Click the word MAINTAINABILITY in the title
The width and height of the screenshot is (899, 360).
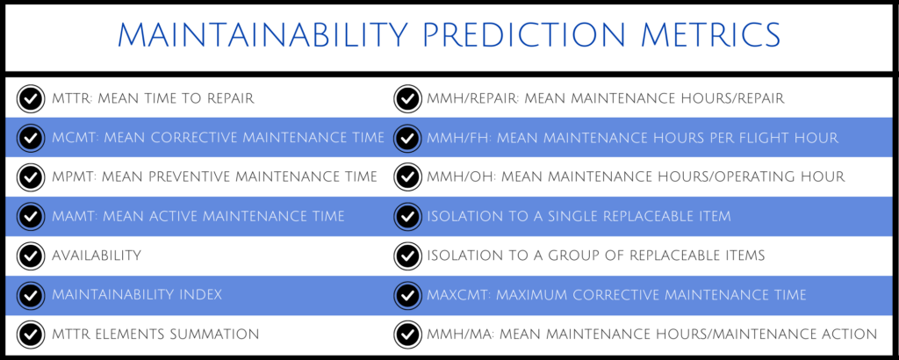click(263, 35)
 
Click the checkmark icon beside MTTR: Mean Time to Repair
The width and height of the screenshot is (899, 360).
click(32, 98)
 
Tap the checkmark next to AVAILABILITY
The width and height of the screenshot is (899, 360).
click(32, 256)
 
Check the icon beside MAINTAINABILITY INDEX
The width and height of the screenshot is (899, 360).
click(32, 295)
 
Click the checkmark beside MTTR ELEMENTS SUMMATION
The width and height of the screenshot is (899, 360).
click(32, 335)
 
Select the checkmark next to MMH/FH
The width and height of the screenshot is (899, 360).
click(407, 138)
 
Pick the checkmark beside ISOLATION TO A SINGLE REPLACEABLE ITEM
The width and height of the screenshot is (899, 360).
click(407, 216)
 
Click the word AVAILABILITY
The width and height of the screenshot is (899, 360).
click(97, 256)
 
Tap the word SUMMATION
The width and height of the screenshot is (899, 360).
click(219, 335)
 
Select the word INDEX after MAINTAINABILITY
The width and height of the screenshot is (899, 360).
click(201, 295)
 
